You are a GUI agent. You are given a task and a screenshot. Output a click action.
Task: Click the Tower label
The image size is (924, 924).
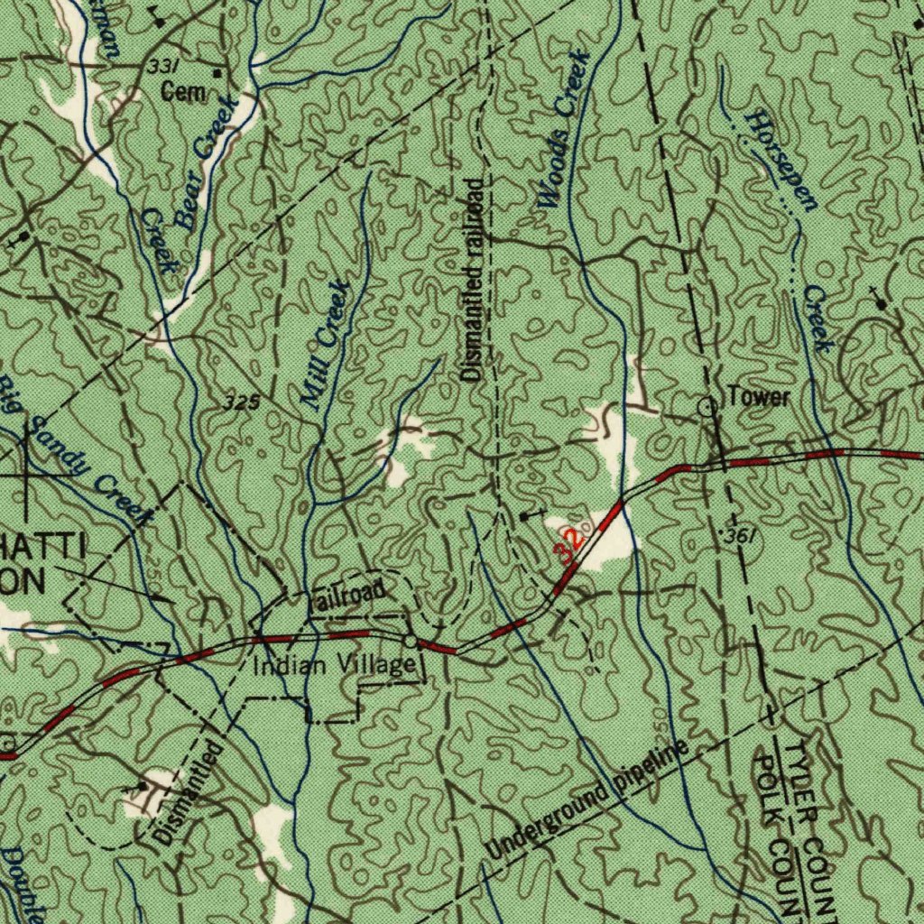[759, 397]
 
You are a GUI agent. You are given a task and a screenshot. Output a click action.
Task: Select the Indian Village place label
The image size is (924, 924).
[334, 667]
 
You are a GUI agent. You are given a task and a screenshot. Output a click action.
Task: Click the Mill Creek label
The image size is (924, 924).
[324, 345]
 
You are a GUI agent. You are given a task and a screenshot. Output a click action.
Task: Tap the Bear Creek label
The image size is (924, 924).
[207, 162]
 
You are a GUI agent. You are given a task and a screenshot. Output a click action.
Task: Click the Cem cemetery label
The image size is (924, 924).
[183, 91]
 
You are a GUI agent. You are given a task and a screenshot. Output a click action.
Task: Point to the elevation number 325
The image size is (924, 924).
[242, 402]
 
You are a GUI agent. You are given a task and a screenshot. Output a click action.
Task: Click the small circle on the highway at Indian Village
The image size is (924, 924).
[411, 642]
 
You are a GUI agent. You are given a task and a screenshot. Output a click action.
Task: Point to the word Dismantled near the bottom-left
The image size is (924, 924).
[189, 792]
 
